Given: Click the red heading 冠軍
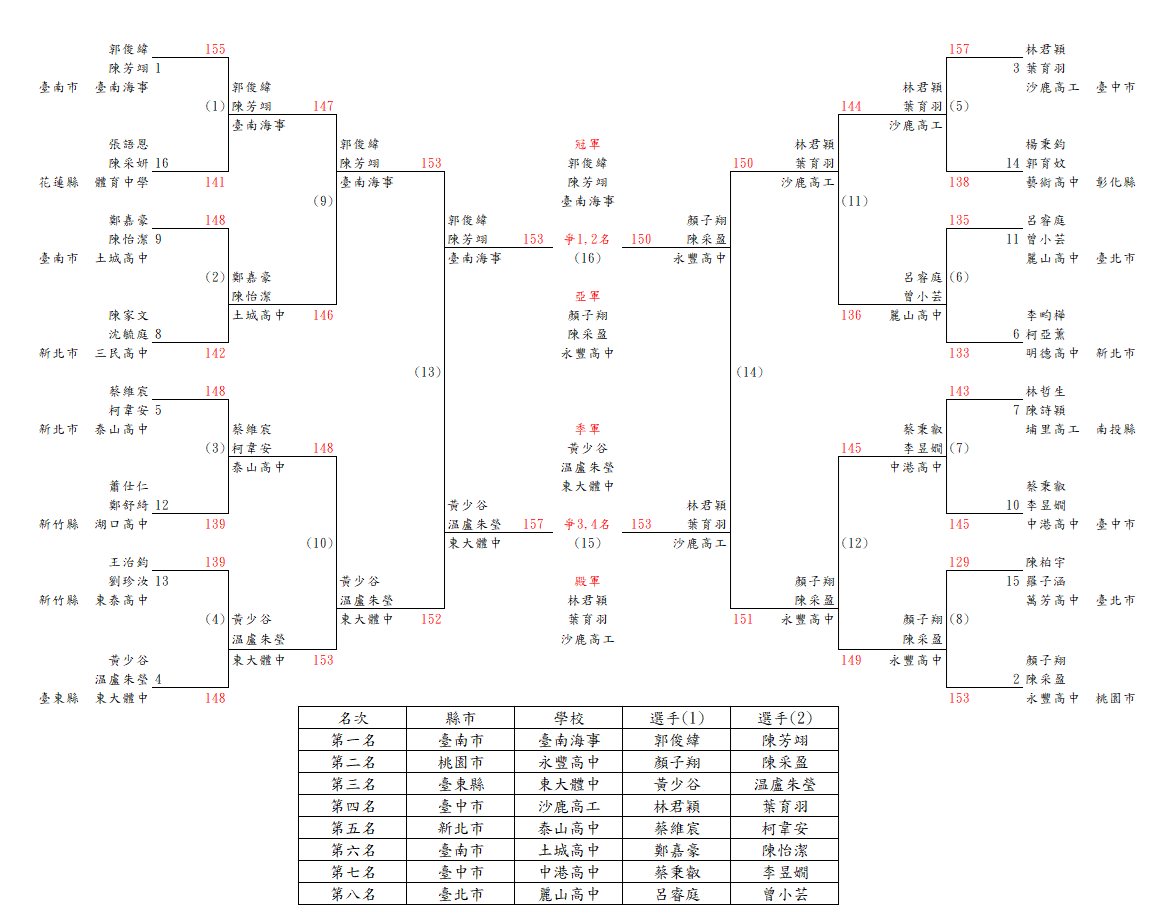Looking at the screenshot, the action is tap(588, 144).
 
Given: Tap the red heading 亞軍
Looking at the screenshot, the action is tap(588, 296).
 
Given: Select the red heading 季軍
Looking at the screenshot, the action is tap(588, 429).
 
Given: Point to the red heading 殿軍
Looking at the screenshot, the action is tap(588, 581).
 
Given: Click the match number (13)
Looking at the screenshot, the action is tap(427, 372).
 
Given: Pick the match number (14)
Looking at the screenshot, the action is tap(749, 372).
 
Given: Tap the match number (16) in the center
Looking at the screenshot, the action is tap(588, 258).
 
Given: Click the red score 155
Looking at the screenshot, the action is tap(215, 49).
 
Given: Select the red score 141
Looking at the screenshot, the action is tap(215, 182).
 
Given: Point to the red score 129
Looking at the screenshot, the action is tap(959, 562).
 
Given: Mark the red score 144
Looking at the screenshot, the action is tap(851, 106).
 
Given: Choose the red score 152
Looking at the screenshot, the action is tap(431, 619).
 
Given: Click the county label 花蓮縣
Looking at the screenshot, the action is tap(58, 182).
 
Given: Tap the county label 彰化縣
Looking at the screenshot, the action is tap(1116, 182).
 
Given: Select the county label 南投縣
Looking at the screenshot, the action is tap(1116, 429).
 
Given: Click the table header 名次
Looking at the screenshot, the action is tap(353, 718).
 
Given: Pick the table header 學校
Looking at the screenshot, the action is tap(569, 718).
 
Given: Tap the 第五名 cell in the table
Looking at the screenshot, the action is tap(353, 828).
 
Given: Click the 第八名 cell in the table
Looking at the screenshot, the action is tap(353, 894).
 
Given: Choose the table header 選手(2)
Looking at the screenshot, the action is tap(785, 718).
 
